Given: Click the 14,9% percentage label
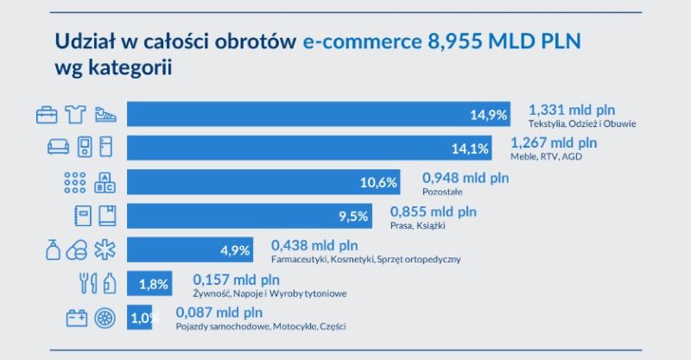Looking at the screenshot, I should (488, 115).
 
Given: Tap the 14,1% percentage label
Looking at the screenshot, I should (475, 148).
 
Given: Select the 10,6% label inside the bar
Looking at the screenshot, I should (378, 182).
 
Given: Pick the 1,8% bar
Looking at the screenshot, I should (149, 284).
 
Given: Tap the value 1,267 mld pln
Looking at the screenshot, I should (554, 142).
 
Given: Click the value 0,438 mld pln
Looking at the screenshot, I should (314, 245).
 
